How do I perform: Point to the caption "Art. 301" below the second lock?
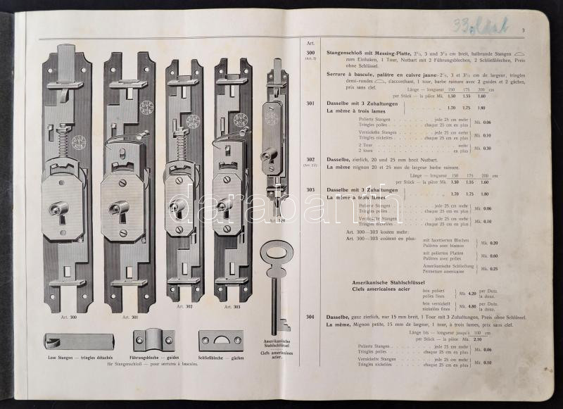point(129,317)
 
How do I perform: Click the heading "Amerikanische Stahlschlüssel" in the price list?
point(390,282)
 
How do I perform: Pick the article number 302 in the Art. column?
point(310,160)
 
